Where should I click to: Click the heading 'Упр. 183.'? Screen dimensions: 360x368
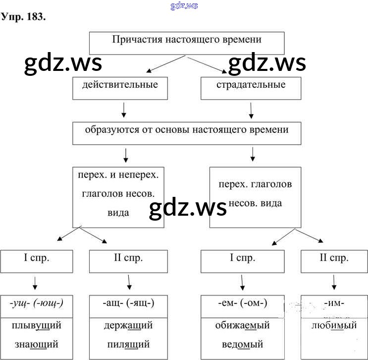pyautogui.click(x=24, y=17)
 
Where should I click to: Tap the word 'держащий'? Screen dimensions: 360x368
pyautogui.click(x=128, y=325)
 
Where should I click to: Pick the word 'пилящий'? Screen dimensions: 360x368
pyautogui.click(x=128, y=343)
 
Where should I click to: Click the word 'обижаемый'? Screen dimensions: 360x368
pyautogui.click(x=242, y=325)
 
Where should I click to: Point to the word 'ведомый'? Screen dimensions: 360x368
pyautogui.click(x=242, y=343)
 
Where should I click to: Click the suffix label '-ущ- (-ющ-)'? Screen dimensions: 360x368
pyautogui.click(x=36, y=303)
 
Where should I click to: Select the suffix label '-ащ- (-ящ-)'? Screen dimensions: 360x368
pyautogui.click(x=128, y=303)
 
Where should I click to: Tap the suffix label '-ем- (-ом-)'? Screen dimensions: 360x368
pyautogui.click(x=242, y=303)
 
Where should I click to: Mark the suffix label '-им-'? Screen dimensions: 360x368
pyautogui.click(x=334, y=303)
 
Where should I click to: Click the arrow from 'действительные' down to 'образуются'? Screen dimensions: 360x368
pyautogui.click(x=124, y=110)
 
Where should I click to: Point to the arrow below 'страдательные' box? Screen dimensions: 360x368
pyautogui.click(x=252, y=110)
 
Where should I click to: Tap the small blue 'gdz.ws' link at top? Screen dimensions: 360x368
pyautogui.click(x=184, y=5)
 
